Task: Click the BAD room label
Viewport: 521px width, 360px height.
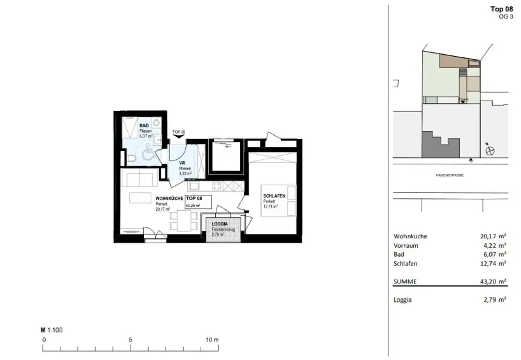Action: (144, 125)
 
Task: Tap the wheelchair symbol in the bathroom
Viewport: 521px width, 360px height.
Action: (147, 152)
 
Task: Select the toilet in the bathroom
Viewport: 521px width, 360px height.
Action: (132, 160)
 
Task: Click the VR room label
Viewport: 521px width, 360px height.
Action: (182, 163)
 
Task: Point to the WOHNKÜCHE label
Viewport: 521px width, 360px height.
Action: (169, 198)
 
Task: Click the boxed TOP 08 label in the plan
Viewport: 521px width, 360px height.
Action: (198, 201)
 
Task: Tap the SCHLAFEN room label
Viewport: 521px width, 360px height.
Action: (273, 196)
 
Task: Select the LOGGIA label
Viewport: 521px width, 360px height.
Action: (220, 224)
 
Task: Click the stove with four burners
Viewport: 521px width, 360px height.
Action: (216, 186)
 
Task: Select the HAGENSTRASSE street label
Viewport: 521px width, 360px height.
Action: (449, 175)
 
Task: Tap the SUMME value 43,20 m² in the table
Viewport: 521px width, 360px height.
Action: (494, 281)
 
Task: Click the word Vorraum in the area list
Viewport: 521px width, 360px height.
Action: (406, 245)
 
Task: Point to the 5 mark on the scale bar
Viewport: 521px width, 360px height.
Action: (131, 339)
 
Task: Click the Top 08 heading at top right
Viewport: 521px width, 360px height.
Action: (501, 9)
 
